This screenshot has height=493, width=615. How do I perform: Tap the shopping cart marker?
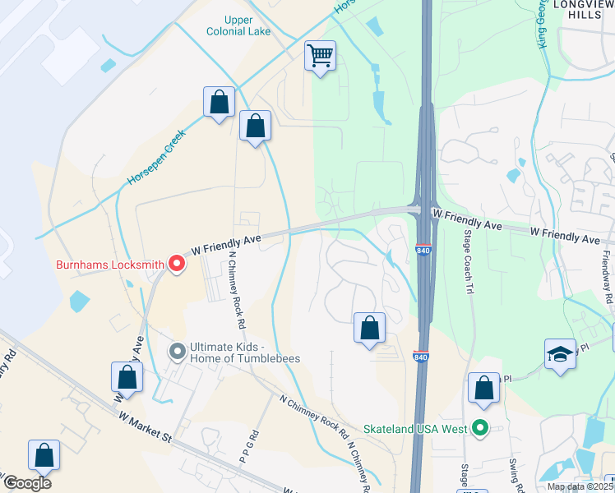[320, 57]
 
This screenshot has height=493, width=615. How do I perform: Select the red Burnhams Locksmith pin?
[176, 264]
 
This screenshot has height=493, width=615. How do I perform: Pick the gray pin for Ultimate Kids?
[177, 352]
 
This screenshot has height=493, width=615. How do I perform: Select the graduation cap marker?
[560, 354]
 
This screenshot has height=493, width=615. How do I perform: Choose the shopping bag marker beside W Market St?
[127, 378]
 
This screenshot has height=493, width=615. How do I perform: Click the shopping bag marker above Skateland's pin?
[483, 389]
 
